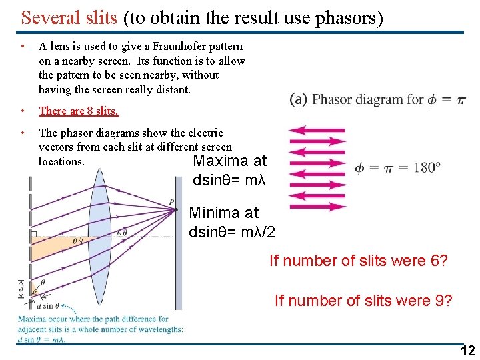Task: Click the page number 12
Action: coord(467,351)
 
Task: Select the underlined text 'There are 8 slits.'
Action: coord(79,111)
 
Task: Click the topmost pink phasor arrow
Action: coord(317,131)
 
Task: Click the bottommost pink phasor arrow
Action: coord(317,207)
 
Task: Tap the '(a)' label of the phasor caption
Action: coord(298,99)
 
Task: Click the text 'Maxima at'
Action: coord(229,161)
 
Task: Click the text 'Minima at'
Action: coord(223,213)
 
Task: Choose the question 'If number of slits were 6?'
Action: coord(358,261)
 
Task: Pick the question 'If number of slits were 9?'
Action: coord(363,301)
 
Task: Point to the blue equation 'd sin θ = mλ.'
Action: coord(42,339)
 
